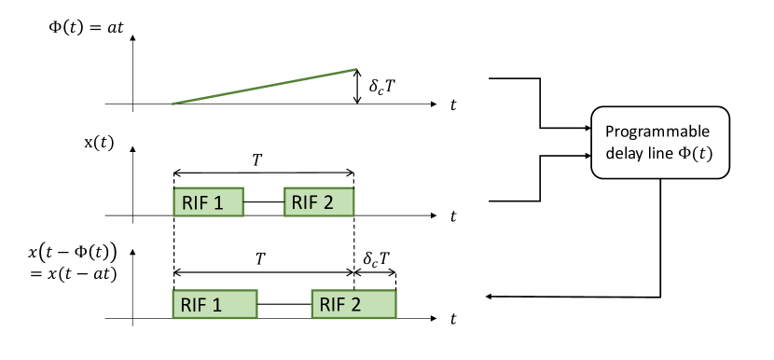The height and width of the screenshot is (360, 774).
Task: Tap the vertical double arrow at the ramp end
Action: coord(356,87)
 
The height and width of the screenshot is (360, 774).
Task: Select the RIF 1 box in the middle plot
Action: coord(208,201)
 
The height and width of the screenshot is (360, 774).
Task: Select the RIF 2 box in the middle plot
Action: coord(319,201)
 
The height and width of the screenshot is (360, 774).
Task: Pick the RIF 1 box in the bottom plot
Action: coord(214,304)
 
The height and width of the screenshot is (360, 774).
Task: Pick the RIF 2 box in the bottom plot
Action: coord(353,304)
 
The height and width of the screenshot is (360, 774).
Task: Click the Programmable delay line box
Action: coord(658,142)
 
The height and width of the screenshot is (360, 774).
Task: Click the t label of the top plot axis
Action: coord(453,105)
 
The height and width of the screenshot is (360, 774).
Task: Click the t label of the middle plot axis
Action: coord(453,216)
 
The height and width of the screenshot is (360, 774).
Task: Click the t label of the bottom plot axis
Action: coord(453,320)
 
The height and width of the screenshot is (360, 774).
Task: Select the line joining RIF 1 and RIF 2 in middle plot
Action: coord(264,201)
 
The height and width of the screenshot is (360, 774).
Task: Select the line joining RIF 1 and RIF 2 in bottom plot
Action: coord(284,304)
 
